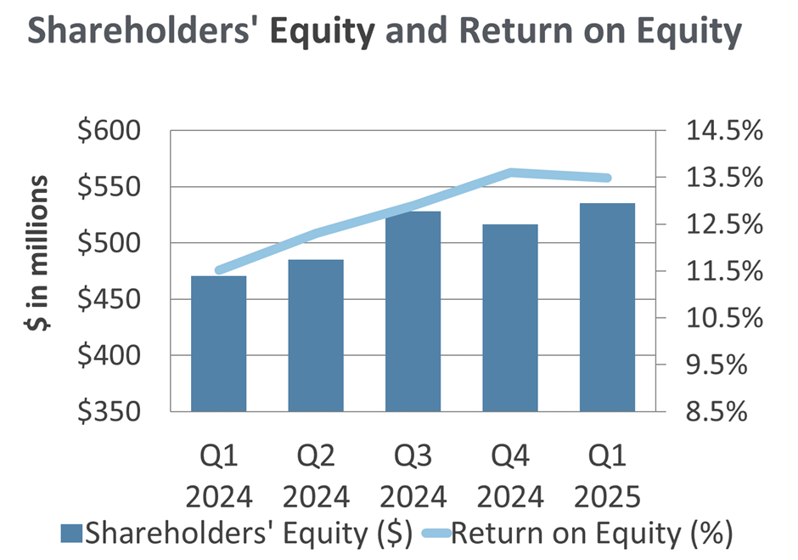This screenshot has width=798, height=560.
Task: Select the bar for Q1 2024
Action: tap(219, 343)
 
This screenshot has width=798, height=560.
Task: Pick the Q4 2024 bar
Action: tap(510, 318)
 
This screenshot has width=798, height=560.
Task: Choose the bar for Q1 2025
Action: tap(608, 307)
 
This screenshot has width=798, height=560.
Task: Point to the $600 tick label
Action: tap(110, 132)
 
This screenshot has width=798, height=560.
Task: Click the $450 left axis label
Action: tap(110, 299)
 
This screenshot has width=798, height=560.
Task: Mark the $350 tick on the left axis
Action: tap(110, 411)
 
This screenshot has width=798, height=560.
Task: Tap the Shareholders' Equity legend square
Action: tap(72, 534)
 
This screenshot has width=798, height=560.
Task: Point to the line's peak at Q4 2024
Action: tap(510, 173)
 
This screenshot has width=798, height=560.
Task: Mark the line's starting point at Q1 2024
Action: tap(219, 271)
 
